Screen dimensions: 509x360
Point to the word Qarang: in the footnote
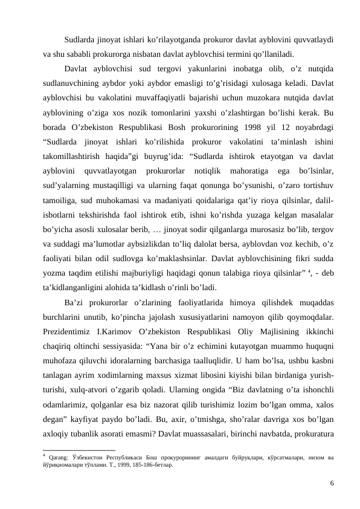(x=63, y=457)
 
